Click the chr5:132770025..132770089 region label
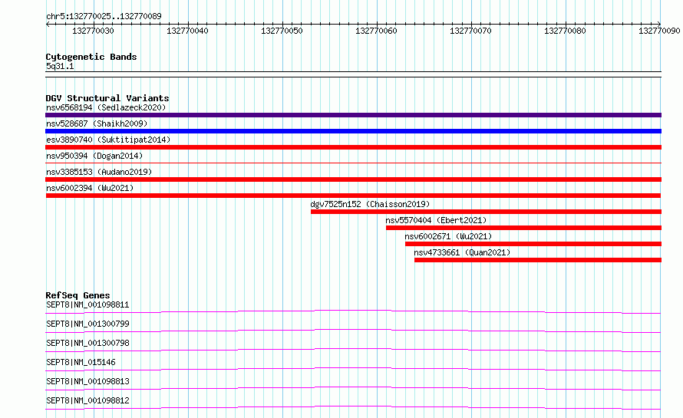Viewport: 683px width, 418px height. [x=104, y=16]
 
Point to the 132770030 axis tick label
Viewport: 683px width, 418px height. [x=93, y=31]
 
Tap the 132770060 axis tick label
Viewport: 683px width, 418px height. [x=376, y=31]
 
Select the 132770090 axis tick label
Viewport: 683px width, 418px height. [x=659, y=31]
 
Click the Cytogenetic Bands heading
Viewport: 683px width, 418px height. [x=91, y=57]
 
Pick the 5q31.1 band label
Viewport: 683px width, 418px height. [x=60, y=66]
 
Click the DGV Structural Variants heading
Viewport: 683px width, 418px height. [x=107, y=98]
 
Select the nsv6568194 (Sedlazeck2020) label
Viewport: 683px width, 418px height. [x=106, y=107]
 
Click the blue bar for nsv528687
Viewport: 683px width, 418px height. [x=353, y=131]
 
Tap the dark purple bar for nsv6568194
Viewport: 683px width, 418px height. [x=353, y=115]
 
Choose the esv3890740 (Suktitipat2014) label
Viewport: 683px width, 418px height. [x=108, y=140]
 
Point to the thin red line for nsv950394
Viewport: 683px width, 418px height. [x=353, y=163]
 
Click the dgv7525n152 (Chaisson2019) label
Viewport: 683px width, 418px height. [x=370, y=204]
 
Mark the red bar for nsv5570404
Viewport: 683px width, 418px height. [x=523, y=228]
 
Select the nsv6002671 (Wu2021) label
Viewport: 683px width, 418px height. [x=448, y=236]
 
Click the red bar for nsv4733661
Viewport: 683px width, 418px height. [x=538, y=260]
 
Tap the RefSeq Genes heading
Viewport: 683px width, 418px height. [x=78, y=295]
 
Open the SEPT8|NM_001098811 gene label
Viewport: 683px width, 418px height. [x=87, y=304]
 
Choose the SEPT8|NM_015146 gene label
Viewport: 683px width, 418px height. [x=81, y=362]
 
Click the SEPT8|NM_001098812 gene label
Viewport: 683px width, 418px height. [x=87, y=400]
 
